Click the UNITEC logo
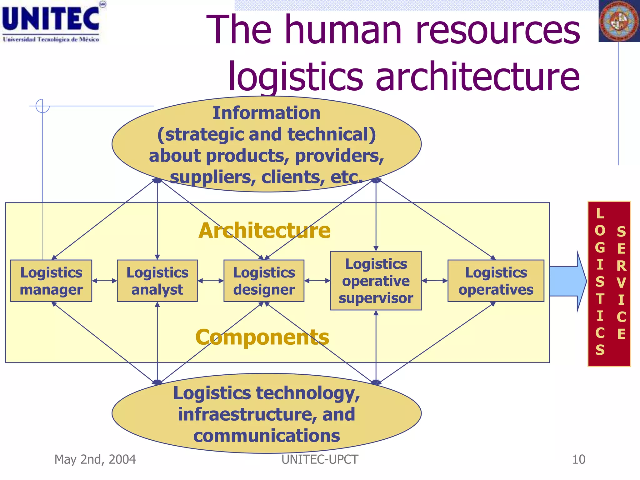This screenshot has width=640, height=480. coord(52,22)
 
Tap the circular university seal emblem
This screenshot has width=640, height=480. coord(619,21)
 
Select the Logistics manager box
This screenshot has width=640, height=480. coord(51,281)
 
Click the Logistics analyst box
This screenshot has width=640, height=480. coord(157,281)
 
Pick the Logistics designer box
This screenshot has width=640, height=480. coord(264,281)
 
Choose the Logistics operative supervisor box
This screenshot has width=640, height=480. coord(376,281)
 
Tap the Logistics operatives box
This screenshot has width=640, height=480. coord(496,281)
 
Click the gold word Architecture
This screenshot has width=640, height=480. coord(264,231)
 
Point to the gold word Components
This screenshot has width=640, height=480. coord(262,337)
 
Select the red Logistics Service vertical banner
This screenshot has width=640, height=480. coord(609,283)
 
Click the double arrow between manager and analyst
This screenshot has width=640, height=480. coord(104,281)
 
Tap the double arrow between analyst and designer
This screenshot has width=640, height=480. coord(211,281)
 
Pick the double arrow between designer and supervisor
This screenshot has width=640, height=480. coord(317,281)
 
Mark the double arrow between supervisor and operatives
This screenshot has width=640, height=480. coord(434,281)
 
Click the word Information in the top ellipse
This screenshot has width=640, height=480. coord(266,113)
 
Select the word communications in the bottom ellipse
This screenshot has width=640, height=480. coord(267,436)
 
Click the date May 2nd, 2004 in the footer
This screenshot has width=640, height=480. coord(95,459)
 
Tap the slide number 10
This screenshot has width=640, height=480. coord(578,459)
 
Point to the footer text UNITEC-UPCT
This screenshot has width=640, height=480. coord(320,459)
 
